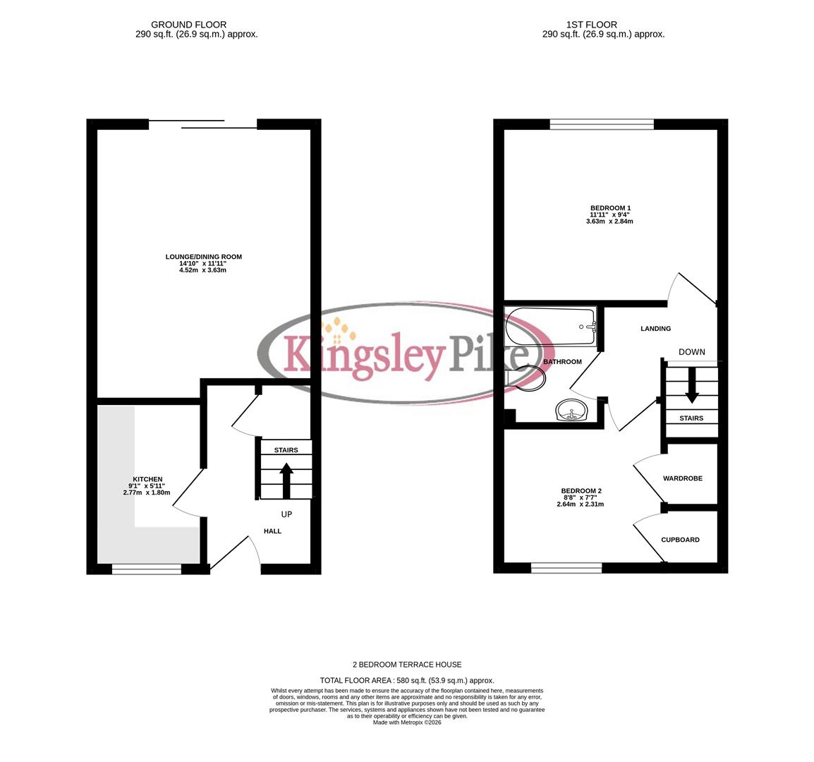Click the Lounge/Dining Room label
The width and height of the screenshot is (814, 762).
tap(203, 257)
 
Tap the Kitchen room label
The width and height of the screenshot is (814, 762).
tap(148, 480)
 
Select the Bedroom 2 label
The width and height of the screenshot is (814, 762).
tap(581, 491)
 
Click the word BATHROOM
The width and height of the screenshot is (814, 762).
tap(562, 362)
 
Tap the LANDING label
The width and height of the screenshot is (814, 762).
tap(655, 329)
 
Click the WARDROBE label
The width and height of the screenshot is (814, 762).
tap(682, 478)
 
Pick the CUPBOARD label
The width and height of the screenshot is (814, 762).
tap(680, 540)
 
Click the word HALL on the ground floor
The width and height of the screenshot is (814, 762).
tap(272, 531)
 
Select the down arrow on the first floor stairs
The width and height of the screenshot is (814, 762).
tap(692, 385)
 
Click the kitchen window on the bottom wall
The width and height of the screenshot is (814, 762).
tap(146, 569)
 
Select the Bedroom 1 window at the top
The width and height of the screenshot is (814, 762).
tap(602, 125)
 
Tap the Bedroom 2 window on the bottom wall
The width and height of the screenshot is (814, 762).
tap(566, 567)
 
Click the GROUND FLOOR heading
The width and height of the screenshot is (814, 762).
tap(189, 25)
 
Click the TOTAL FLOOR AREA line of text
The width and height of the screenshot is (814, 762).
tap(407, 680)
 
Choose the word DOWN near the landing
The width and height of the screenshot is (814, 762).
tap(691, 352)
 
